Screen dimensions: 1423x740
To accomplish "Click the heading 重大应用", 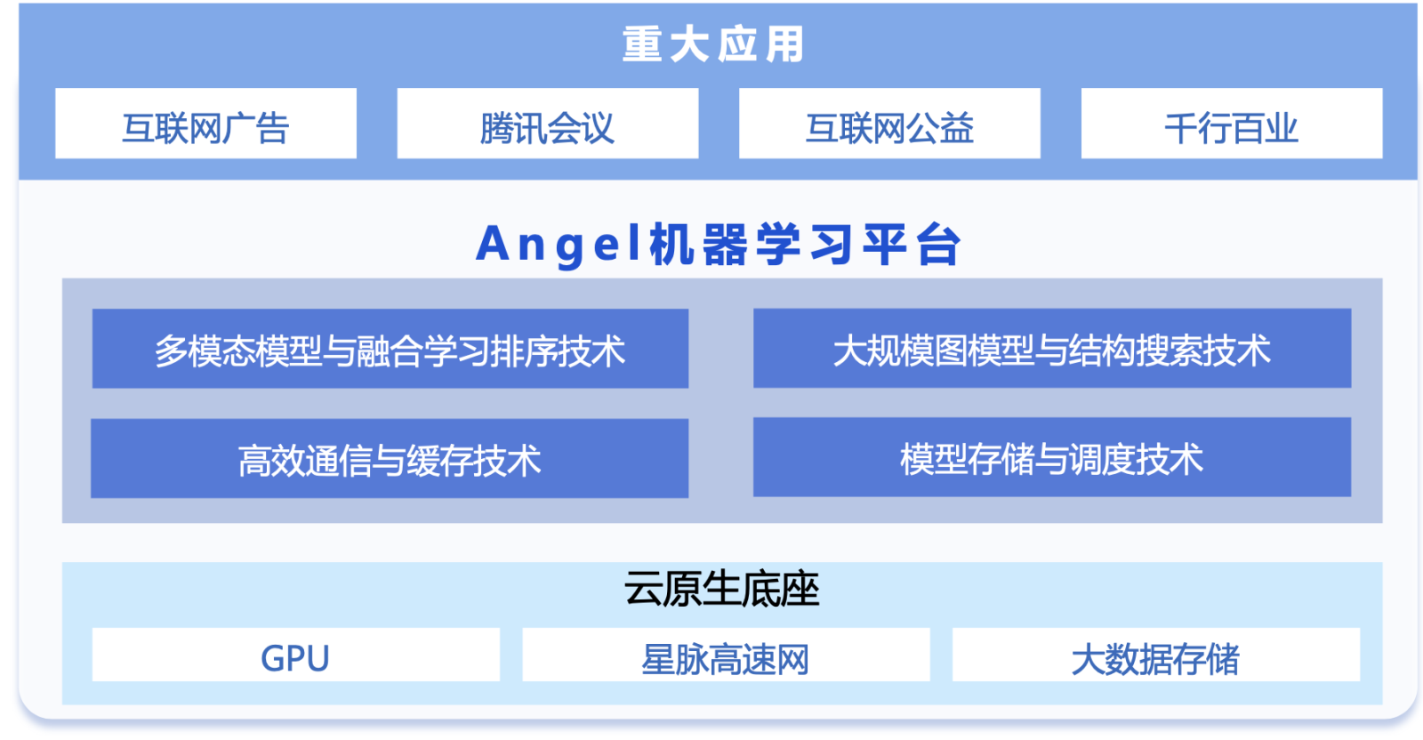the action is click(x=712, y=44).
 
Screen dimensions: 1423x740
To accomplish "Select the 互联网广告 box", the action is click(x=205, y=124).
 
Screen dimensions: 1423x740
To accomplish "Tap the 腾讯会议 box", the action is click(x=548, y=124).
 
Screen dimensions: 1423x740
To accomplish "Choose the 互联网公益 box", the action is click(x=889, y=124).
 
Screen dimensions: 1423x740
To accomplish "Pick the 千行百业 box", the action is click(x=1232, y=124).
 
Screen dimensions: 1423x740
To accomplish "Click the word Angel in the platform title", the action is click(x=559, y=245).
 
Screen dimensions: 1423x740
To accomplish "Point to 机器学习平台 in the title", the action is click(x=805, y=245).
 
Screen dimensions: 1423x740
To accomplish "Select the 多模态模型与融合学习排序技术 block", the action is click(x=390, y=348).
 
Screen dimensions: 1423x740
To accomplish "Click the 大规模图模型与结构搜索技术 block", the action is click(x=1052, y=348).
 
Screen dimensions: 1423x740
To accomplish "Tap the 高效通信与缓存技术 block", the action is click(x=390, y=458).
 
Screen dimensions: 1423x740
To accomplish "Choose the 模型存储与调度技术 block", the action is click(x=1052, y=457).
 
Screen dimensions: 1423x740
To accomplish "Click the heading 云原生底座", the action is click(x=721, y=589).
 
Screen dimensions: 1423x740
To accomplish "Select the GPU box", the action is click(x=296, y=655).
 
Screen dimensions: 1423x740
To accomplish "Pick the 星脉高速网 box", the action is click(x=726, y=655).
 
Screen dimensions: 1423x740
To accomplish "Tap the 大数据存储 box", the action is click(x=1156, y=655).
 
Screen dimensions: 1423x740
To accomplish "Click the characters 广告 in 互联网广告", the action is click(x=256, y=128).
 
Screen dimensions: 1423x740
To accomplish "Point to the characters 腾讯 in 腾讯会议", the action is click(x=513, y=128).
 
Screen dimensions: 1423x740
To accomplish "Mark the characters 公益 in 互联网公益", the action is click(x=940, y=128).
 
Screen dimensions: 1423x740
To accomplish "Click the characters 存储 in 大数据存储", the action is click(x=1206, y=659).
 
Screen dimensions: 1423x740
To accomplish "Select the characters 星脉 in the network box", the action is click(x=675, y=659).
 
